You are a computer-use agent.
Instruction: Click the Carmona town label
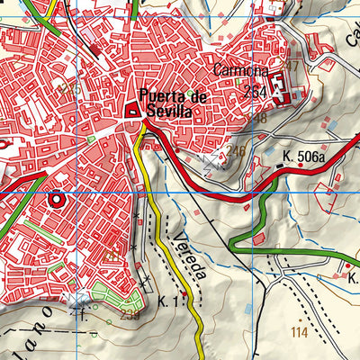[241, 69]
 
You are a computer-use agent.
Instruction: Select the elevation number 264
[256, 91]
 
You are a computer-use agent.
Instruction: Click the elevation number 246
[237, 150]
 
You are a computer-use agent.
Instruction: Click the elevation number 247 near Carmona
[290, 67]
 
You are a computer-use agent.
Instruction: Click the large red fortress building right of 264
[280, 87]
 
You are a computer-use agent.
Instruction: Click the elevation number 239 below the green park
[130, 315]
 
